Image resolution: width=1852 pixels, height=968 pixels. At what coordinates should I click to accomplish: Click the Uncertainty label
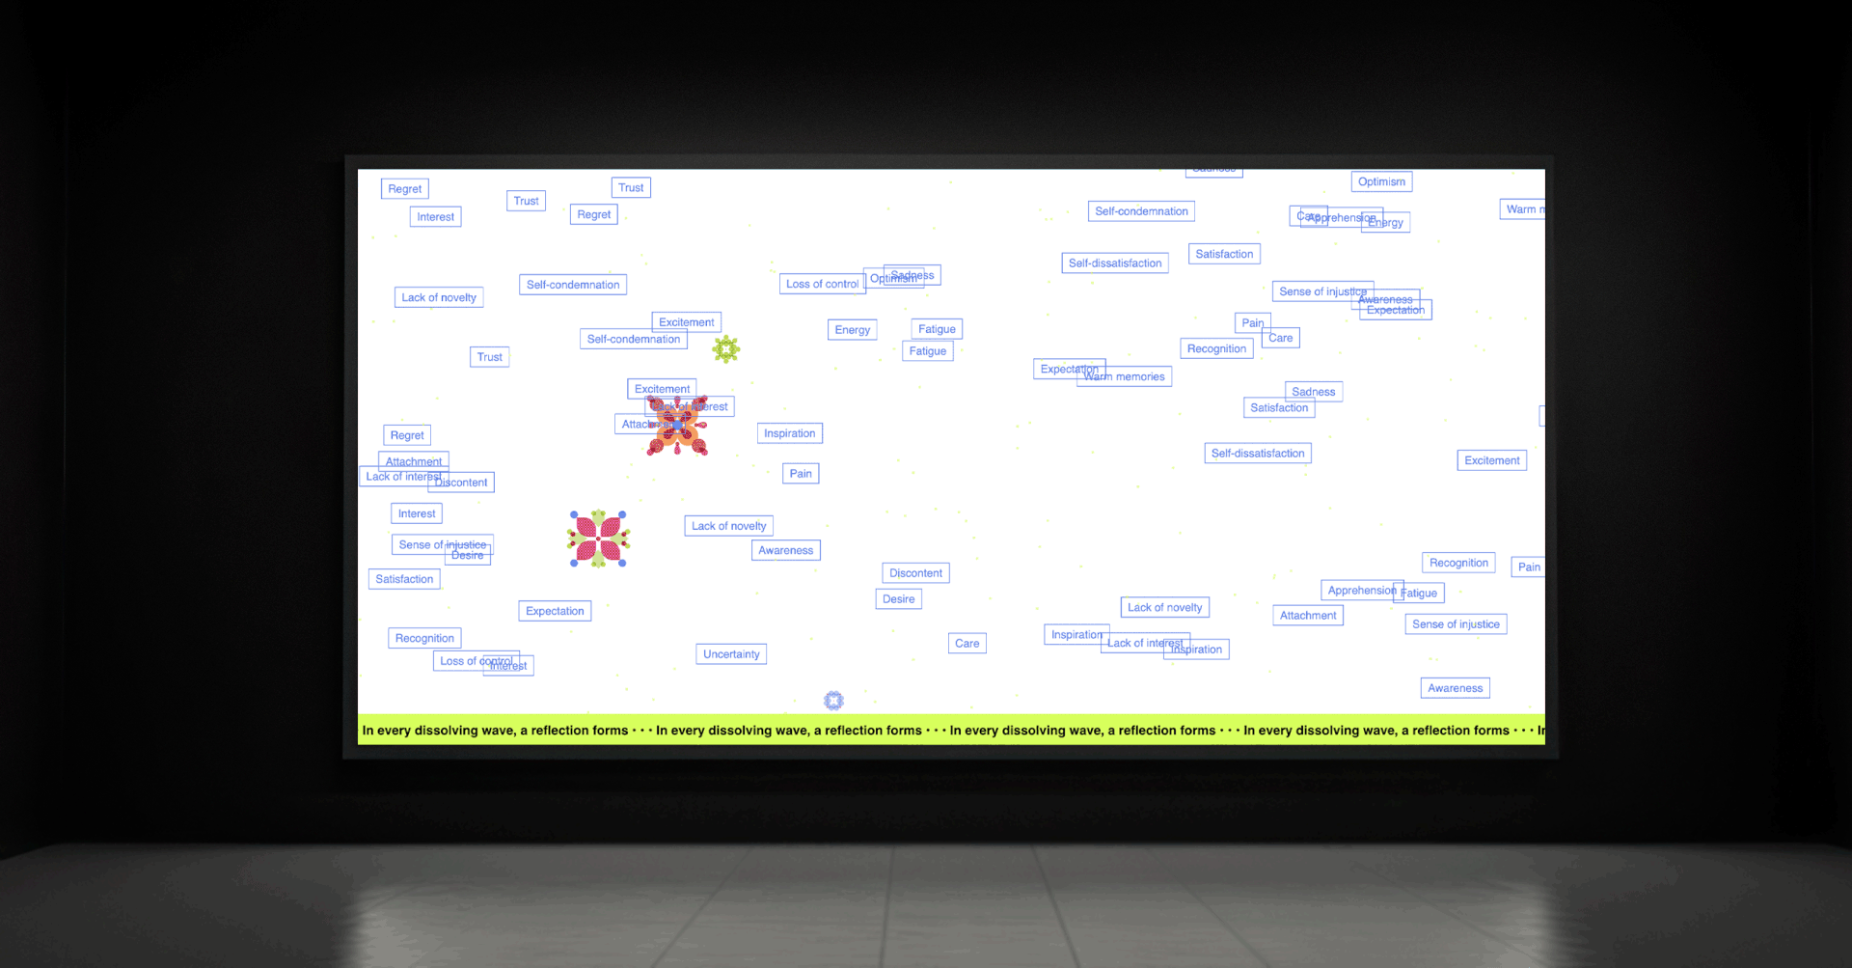point(731,654)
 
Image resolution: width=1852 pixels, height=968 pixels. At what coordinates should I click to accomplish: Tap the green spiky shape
point(726,349)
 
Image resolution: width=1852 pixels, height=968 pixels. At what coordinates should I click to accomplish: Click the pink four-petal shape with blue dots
point(598,539)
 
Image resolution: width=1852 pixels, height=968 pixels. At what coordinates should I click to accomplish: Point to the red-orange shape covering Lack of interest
point(677,426)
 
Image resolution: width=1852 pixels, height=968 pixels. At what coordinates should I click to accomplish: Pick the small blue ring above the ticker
point(833,701)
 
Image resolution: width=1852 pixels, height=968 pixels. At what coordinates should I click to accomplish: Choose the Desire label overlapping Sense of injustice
point(468,556)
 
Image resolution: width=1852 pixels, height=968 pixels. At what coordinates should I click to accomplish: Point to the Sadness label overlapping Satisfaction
point(1314,391)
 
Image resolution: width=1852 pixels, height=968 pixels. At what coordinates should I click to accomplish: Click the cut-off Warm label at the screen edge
point(1522,209)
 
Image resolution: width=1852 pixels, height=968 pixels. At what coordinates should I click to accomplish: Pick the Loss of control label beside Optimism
point(822,285)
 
